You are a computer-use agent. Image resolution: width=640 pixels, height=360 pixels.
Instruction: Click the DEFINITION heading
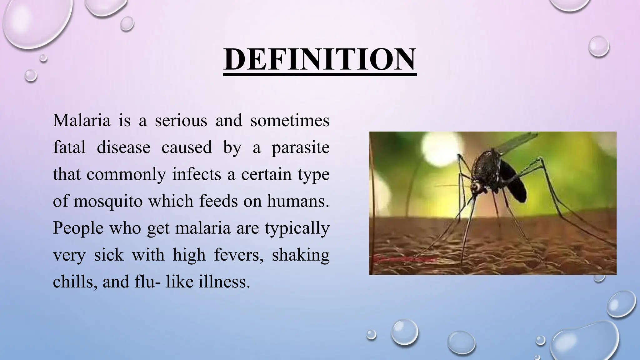(320, 59)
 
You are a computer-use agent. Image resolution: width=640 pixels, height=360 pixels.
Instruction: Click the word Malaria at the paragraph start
(82, 120)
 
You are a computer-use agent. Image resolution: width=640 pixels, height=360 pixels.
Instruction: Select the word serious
(181, 120)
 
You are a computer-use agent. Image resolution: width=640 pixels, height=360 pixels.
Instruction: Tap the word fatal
(69, 147)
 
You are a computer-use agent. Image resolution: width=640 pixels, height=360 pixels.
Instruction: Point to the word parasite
(300, 148)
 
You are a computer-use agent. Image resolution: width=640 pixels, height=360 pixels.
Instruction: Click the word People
(78, 228)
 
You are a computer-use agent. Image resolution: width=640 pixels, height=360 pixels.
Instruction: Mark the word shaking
(300, 255)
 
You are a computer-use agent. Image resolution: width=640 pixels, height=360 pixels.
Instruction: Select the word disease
(123, 147)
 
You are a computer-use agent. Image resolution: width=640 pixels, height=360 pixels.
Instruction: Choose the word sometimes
(290, 120)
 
